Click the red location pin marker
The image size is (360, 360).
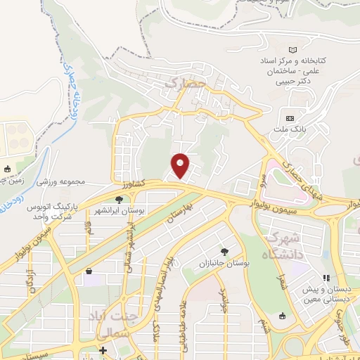tap(181, 165)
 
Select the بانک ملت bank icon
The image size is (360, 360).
tap(290, 117)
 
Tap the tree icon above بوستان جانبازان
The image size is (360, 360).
tap(224, 251)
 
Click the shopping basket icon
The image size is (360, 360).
tap(89, 271)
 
